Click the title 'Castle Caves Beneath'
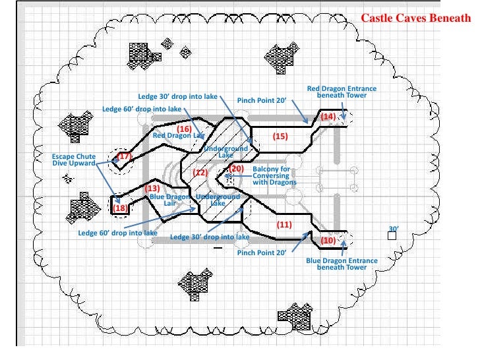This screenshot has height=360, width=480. click(416, 18)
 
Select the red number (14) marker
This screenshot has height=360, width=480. click(328, 117)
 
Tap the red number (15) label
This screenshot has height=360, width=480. click(280, 136)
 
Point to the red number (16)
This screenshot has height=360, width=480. click(184, 128)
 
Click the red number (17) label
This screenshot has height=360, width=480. click(125, 156)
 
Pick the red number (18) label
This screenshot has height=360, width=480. click(120, 208)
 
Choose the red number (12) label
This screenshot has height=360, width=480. click(200, 173)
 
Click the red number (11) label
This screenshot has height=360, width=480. click(284, 225)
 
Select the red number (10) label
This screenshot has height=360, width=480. click(328, 241)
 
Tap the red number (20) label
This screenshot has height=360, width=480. click(237, 169)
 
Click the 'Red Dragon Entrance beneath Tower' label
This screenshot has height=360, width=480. click(342, 92)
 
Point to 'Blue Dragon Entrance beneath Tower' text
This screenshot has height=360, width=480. click(342, 264)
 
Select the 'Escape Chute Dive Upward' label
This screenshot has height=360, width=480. click(74, 160)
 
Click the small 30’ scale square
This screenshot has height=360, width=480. click(393, 235)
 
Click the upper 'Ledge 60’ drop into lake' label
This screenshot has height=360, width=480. click(141, 109)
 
